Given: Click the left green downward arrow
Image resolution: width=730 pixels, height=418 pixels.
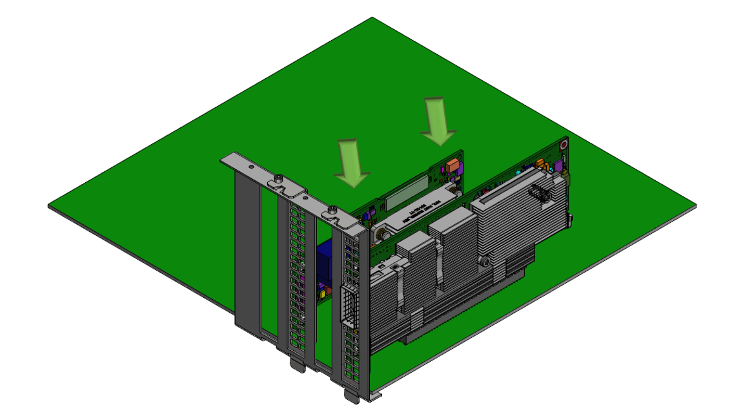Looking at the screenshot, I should point(351,162).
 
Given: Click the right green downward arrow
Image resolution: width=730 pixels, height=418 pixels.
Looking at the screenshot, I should point(439,120).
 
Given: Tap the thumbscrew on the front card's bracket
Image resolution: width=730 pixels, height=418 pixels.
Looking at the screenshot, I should point(330,209).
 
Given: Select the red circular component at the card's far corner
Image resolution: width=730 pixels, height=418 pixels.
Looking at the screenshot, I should point(565,143).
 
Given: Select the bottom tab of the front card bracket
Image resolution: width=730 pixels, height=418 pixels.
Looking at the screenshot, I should point(352,395).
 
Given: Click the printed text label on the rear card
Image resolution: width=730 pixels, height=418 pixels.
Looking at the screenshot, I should point(420,209).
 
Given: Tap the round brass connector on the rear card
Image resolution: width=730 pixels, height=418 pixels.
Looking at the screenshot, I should point(381,229).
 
